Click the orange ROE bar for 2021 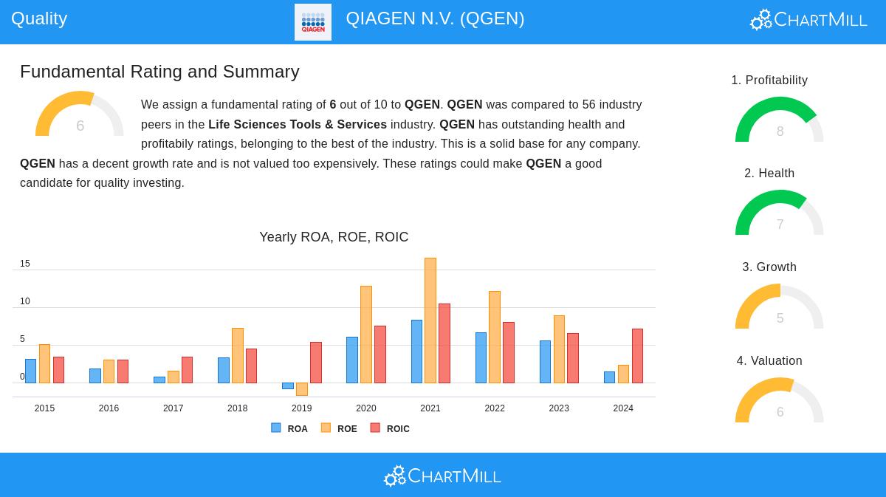pyautogui.click(x=430, y=321)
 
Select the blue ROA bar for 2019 pyautogui.click(x=288, y=385)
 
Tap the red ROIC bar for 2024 pyautogui.click(x=637, y=356)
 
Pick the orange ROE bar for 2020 pyautogui.click(x=366, y=335)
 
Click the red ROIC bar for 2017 pyautogui.click(x=187, y=370)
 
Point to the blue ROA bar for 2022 pyautogui.click(x=481, y=357)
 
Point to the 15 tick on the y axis pyautogui.click(x=25, y=264)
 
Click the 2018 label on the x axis pyautogui.click(x=237, y=408)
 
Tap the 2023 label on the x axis pyautogui.click(x=559, y=408)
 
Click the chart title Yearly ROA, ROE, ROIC pyautogui.click(x=334, y=237)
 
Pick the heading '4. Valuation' pyautogui.click(x=769, y=360)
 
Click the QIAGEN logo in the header pyautogui.click(x=313, y=22)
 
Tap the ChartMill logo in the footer pyautogui.click(x=442, y=476)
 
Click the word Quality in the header pyautogui.click(x=39, y=18)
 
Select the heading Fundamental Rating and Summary pyautogui.click(x=159, y=72)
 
